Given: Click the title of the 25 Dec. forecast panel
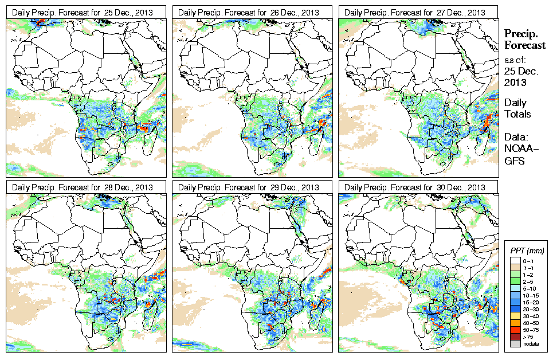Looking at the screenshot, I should point(83,13).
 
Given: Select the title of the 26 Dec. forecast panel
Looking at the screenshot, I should point(249,13).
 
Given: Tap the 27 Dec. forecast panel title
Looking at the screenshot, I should point(415,13).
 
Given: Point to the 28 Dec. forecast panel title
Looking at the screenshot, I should point(83,187).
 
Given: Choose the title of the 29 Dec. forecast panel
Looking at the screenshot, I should point(249,187).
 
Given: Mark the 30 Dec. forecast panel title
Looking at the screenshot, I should point(415,187).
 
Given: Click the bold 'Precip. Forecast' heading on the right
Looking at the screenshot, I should point(524,39).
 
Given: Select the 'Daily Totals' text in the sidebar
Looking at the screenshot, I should point(517,108).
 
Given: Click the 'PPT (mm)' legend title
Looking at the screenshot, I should point(527,251).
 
